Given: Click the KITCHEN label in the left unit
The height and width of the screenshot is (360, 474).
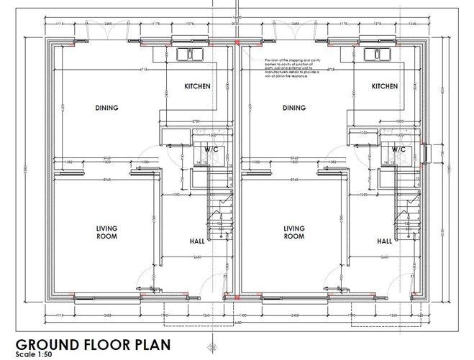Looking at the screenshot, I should tap(197, 86).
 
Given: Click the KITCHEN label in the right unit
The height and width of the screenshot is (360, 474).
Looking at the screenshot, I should tap(385, 86).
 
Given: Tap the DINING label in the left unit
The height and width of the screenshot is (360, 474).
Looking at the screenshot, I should tap(106, 109).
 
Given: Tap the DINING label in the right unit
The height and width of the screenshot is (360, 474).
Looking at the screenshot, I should tap(294, 109).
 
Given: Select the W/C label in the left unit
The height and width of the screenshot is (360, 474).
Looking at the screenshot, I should tap(211, 149).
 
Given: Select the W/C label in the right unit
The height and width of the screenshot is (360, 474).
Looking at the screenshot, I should tap(398, 149).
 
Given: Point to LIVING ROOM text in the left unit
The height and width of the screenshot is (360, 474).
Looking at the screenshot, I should tap(106, 232).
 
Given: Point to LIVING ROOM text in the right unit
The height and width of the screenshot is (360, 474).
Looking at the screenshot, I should tap(294, 232).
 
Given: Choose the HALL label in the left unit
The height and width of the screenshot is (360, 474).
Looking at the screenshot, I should tap(197, 241).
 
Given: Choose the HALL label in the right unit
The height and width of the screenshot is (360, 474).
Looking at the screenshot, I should tap(385, 241).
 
